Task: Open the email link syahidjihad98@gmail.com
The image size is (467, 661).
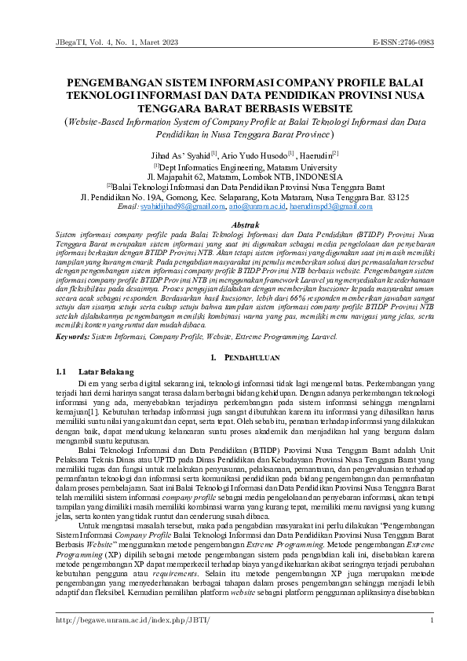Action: [x=184, y=206]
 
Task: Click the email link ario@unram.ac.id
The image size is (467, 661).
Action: [x=255, y=206]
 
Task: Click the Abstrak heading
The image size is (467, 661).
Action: [x=233, y=225]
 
